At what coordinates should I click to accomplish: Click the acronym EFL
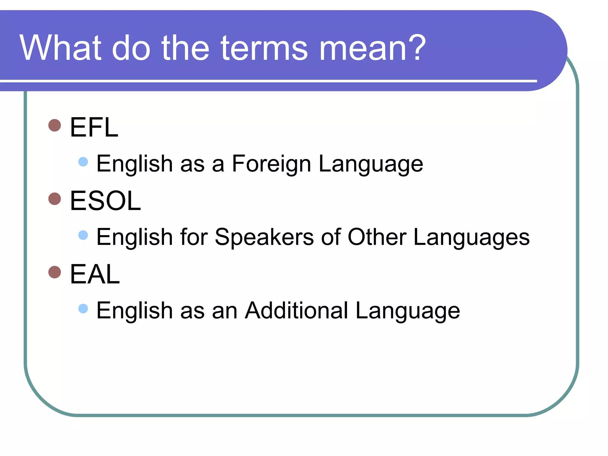(x=94, y=127)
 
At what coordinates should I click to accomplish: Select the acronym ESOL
(x=105, y=201)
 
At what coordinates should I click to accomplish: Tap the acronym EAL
(x=94, y=274)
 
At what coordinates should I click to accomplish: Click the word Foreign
(x=271, y=164)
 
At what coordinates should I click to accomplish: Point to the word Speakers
(x=264, y=237)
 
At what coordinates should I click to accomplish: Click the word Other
(x=377, y=237)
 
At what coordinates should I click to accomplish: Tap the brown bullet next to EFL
(x=55, y=125)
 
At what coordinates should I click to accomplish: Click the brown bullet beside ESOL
(x=55, y=199)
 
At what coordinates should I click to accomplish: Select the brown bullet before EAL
(x=55, y=272)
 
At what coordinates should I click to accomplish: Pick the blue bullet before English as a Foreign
(x=83, y=162)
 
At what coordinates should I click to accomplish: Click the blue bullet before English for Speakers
(x=83, y=235)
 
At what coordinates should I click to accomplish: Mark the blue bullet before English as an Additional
(x=83, y=308)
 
